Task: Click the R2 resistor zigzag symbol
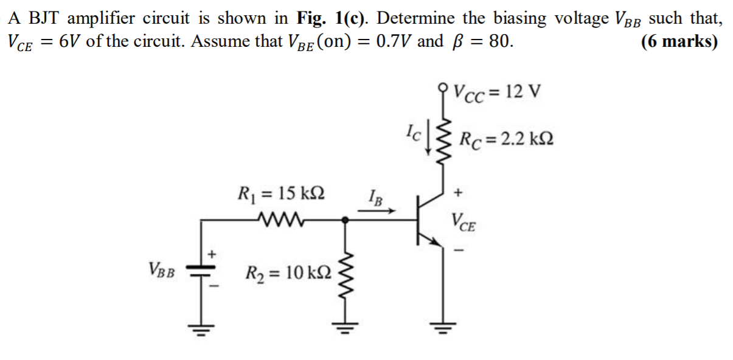347,272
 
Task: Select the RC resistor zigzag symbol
442,140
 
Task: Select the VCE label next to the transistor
464,223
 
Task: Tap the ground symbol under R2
347,329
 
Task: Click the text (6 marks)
679,42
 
